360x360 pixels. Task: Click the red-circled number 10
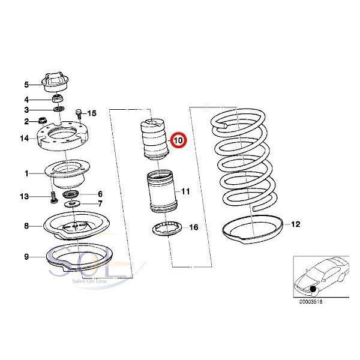click(179, 140)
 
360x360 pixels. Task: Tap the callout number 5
click(26, 84)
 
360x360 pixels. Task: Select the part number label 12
click(295, 224)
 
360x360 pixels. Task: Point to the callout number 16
click(193, 227)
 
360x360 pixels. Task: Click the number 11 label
click(185, 191)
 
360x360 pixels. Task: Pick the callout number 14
click(24, 139)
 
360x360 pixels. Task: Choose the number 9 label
click(26, 257)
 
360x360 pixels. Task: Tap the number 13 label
click(24, 196)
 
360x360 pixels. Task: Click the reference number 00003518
click(311, 302)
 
